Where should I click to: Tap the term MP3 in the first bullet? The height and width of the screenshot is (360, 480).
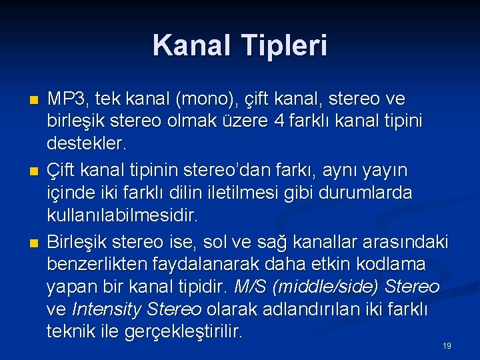point(68,99)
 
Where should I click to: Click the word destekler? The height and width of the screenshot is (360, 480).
point(86,143)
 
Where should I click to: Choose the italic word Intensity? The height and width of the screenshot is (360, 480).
point(103,310)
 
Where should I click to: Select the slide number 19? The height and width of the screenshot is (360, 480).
point(447,346)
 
